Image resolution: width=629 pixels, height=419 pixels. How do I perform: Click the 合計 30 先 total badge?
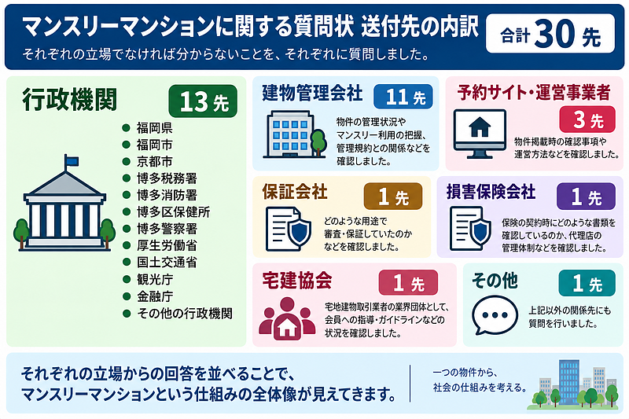point(550,34)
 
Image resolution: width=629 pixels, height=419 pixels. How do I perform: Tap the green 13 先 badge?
point(203,101)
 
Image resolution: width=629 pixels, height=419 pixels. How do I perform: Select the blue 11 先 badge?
point(403,97)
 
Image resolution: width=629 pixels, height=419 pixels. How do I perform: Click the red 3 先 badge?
point(587,119)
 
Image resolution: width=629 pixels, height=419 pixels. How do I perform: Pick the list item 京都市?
point(154,162)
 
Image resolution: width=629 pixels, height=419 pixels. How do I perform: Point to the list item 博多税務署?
point(167,178)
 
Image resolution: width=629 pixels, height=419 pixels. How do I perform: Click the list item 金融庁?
point(154,296)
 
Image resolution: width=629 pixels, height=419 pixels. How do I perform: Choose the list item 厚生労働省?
point(167,245)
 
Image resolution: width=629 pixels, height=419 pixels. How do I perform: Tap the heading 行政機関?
point(70,99)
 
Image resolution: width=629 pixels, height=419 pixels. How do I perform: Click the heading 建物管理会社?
point(312,93)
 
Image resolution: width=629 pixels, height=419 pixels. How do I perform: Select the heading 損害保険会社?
point(491,192)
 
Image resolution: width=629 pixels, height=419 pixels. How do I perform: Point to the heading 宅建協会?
point(297,281)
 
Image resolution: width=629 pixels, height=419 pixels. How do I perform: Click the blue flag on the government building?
point(72,161)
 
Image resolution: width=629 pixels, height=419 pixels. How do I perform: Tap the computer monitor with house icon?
point(480,134)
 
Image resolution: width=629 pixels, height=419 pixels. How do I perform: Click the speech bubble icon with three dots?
point(495,315)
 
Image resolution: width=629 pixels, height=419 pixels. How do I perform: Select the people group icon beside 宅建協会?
point(287,318)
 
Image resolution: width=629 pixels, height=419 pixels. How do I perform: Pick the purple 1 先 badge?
point(586,197)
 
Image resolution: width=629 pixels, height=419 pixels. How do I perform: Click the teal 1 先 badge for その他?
point(587,283)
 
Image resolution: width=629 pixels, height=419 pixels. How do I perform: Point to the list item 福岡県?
point(154,128)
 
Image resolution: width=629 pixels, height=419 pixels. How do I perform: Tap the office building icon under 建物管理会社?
point(294,134)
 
